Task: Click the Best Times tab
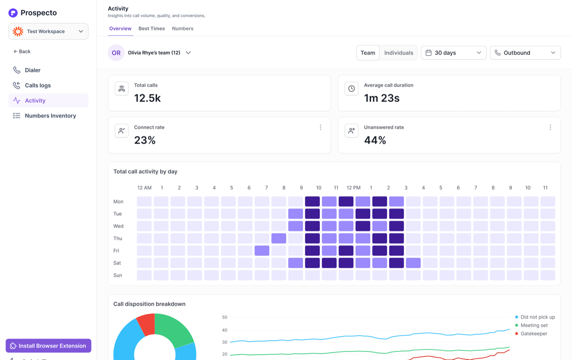152,28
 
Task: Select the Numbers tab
182,28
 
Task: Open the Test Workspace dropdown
49,31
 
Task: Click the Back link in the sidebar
22,51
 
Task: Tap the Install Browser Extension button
49,346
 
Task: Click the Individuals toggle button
398,52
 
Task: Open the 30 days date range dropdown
453,52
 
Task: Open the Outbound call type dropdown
525,52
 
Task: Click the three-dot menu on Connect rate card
320,127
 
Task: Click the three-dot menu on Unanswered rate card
550,127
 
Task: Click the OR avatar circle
116,52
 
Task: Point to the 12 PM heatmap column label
353,188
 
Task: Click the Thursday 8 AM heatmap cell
278,238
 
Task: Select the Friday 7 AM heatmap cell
262,250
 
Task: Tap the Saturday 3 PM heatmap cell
413,263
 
